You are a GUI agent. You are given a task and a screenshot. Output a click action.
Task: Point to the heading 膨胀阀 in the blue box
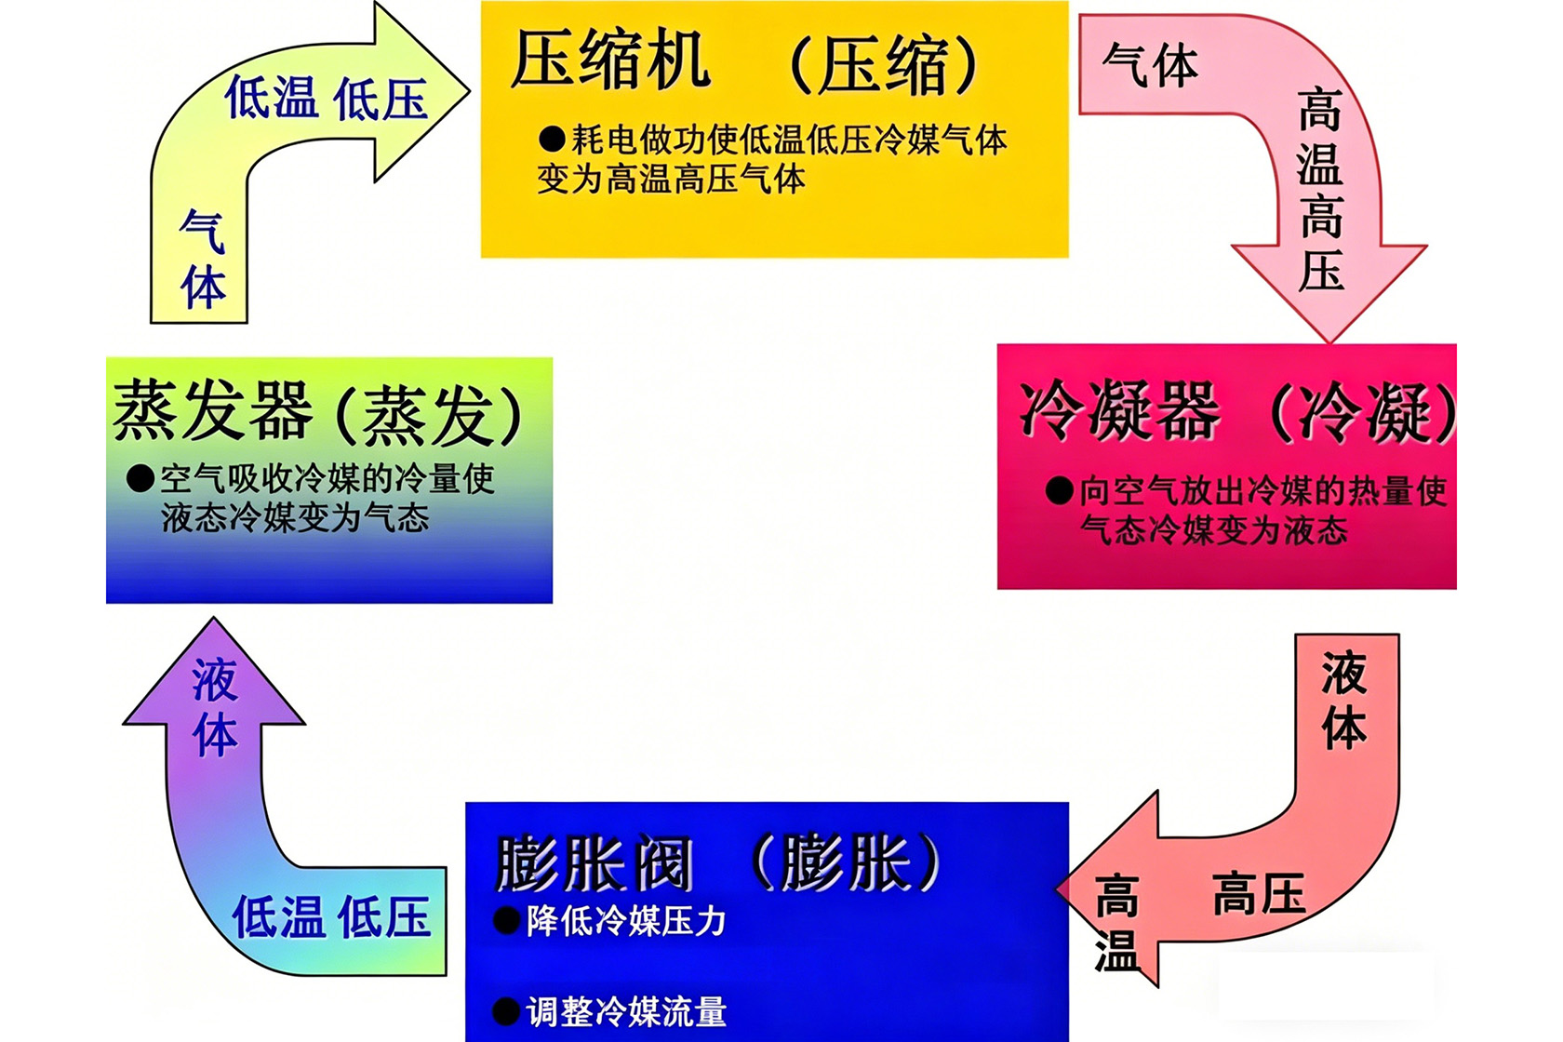594,864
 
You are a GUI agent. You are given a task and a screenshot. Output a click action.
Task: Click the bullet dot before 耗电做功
551,140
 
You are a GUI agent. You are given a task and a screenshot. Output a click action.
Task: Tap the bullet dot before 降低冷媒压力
506,920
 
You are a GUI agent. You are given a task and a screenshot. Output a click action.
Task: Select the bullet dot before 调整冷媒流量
506,1011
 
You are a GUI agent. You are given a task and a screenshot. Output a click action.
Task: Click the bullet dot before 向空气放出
1059,490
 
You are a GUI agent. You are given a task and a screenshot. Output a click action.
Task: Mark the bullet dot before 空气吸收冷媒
140,479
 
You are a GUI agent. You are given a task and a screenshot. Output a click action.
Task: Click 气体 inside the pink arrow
1151,66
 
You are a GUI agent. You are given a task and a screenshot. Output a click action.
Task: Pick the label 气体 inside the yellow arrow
203,259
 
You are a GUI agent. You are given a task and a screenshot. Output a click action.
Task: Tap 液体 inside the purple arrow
215,707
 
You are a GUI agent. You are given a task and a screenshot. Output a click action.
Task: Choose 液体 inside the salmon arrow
1343,700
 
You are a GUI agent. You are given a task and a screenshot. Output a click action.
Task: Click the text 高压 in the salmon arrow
1259,893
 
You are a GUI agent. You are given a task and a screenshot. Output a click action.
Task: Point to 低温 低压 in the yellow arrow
326,98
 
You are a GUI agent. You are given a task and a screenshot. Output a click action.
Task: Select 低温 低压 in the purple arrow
331,916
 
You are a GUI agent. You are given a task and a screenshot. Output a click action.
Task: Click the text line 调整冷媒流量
627,1011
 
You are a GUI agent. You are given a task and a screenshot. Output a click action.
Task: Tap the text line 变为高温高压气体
672,179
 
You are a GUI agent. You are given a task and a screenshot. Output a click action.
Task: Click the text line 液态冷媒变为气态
295,518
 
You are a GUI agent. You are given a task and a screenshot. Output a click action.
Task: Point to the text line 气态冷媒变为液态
1214,529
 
